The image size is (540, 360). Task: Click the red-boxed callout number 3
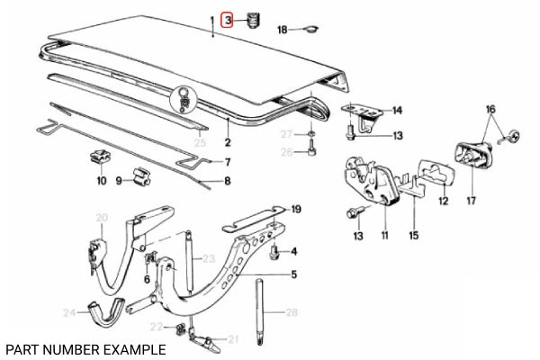pos(229,19)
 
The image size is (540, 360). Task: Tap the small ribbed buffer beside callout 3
pos(252,19)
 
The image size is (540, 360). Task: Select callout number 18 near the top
pos(282,30)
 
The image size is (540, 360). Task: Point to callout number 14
pos(397,111)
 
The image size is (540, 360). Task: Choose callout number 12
pos(443,202)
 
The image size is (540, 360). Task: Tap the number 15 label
pos(413,236)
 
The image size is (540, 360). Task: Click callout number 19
pos(296,209)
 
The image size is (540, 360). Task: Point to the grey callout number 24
pos(68,313)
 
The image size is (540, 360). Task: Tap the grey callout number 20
pos(102,217)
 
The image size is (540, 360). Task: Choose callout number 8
pos(227,181)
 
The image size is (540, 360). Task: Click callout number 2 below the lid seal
pos(228,142)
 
